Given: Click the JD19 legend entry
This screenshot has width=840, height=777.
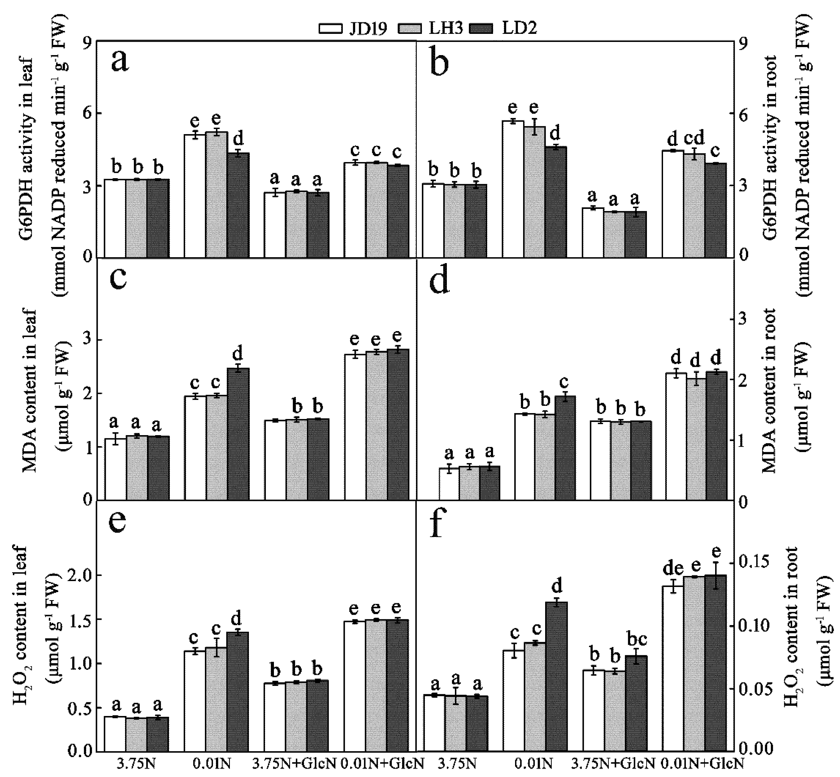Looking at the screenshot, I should (353, 28).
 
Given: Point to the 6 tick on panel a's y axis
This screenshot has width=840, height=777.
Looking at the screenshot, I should (87, 113).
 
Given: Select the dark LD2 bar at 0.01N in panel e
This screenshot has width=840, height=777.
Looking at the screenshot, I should (237, 692).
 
